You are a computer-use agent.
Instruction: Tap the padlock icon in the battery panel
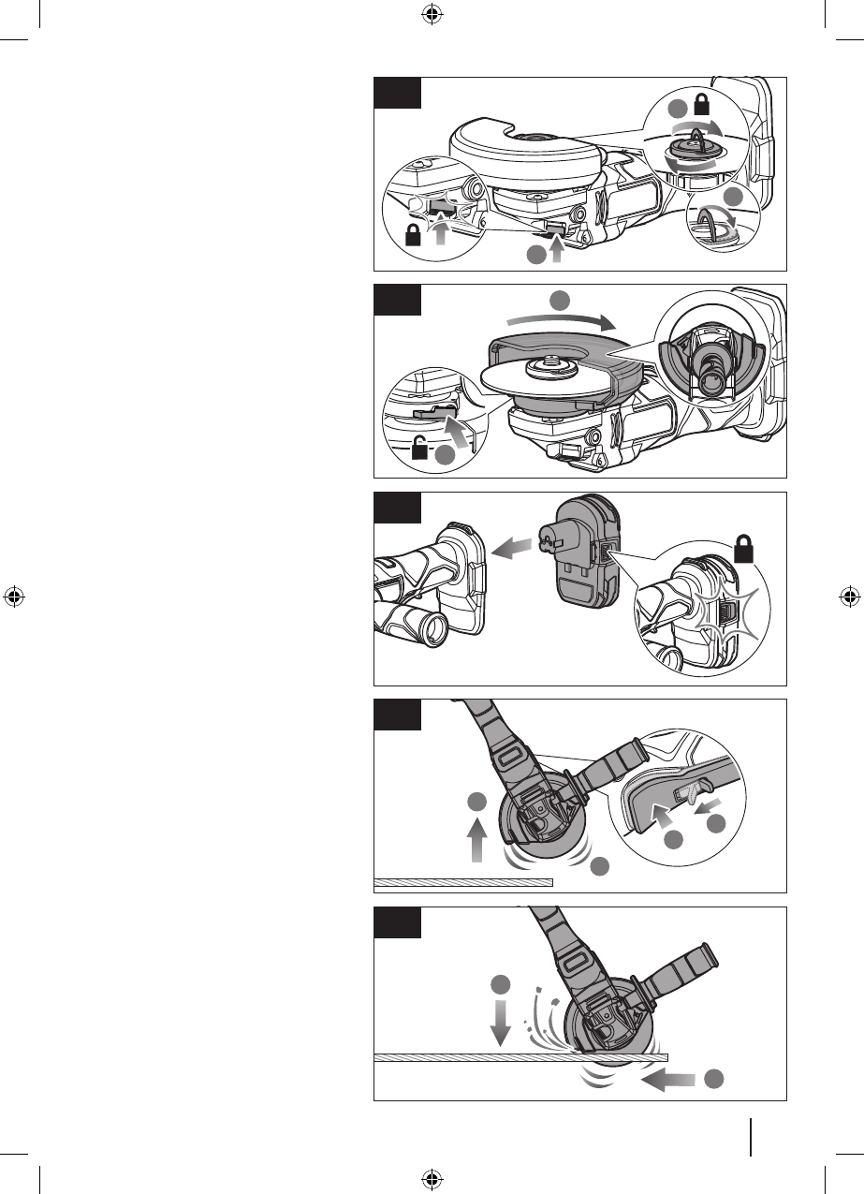click(x=746, y=549)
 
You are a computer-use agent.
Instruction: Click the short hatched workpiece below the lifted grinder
click(x=463, y=882)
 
